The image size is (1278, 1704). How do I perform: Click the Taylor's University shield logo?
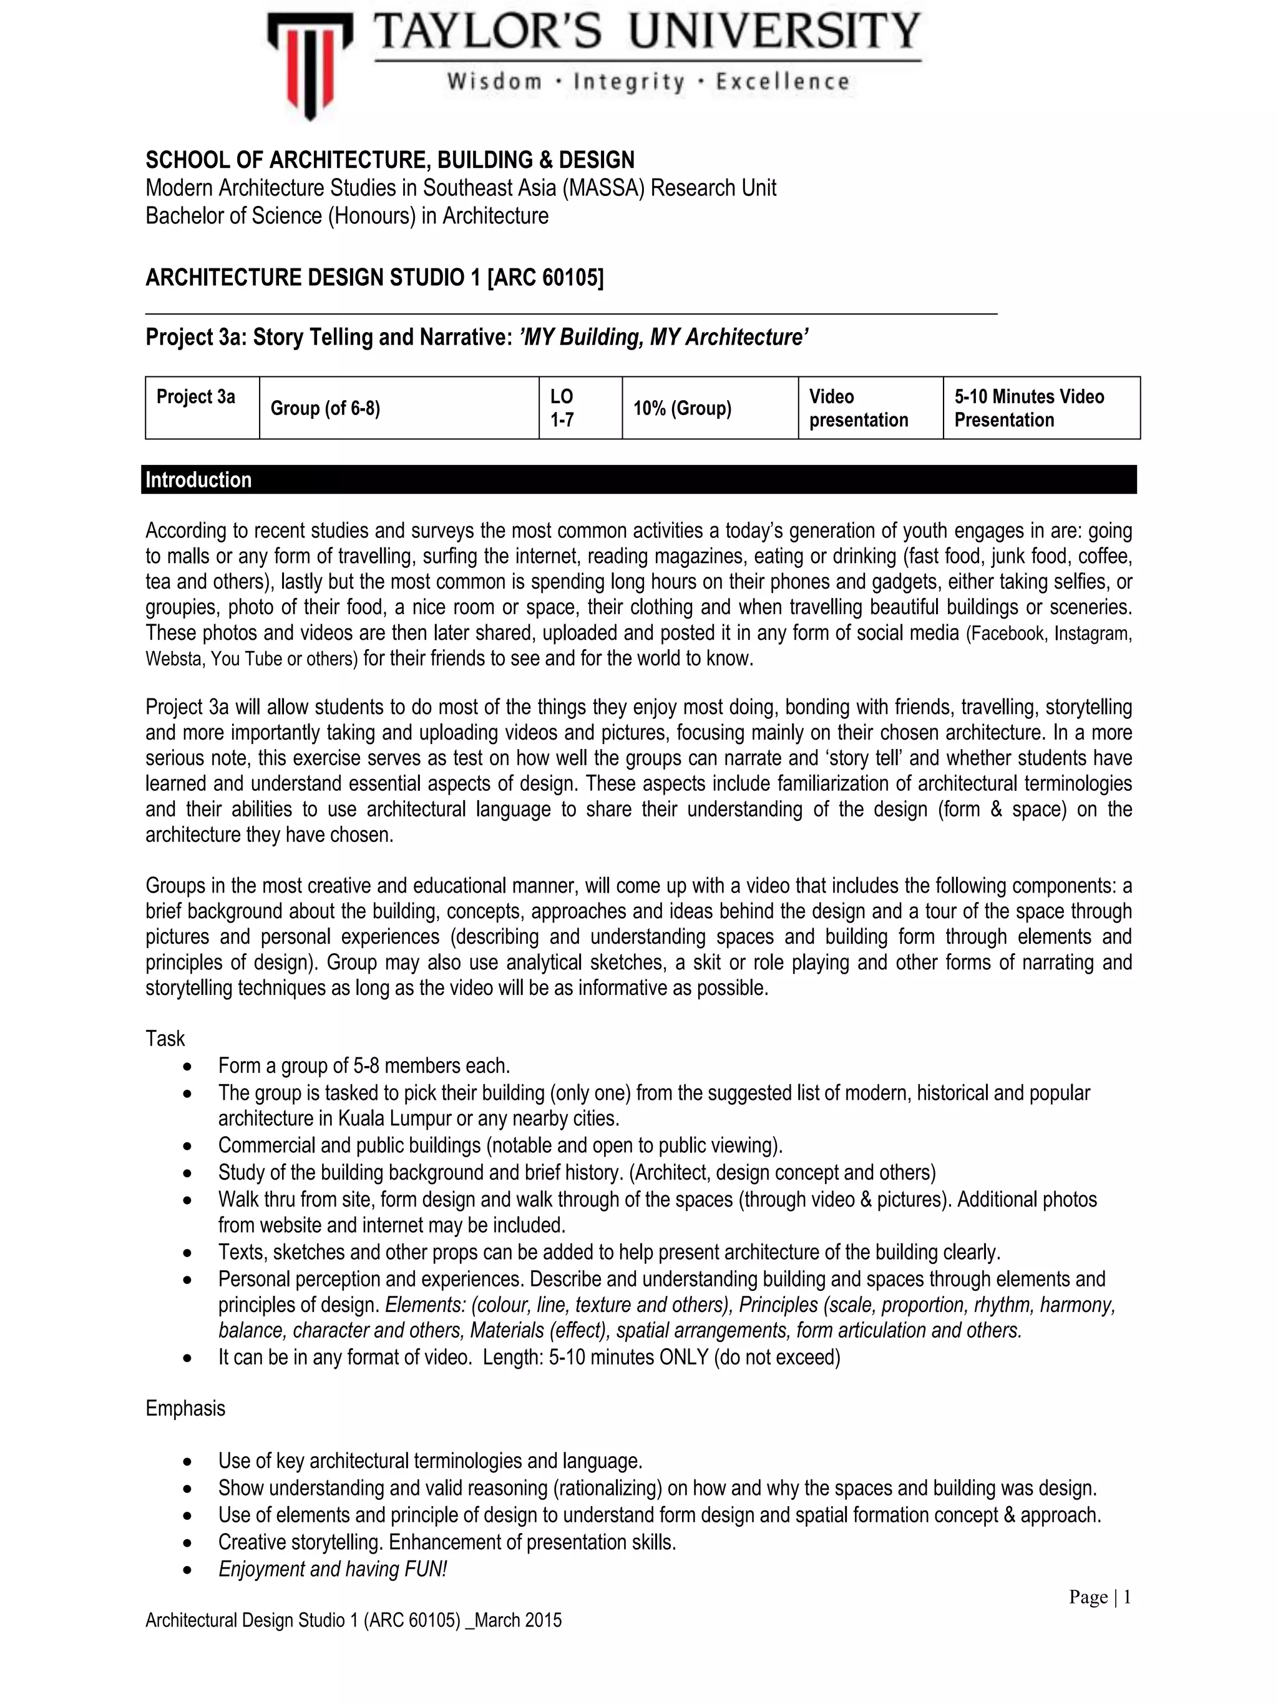click(310, 66)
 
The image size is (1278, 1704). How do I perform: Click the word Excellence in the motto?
click(782, 82)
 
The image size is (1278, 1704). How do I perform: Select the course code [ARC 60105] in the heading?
click(545, 277)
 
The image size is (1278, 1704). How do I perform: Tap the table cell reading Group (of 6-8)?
click(325, 408)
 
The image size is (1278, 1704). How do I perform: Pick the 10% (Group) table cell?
click(682, 408)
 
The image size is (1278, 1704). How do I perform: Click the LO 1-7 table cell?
click(562, 408)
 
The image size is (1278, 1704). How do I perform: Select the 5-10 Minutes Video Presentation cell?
click(1028, 408)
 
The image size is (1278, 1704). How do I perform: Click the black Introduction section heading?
click(198, 480)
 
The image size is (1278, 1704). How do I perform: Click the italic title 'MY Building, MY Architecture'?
click(663, 338)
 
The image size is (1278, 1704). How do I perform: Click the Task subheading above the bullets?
click(165, 1039)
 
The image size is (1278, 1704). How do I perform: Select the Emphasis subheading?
click(185, 1408)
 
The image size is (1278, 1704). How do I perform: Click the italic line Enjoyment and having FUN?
click(332, 1569)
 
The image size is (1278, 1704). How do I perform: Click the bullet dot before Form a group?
click(187, 1067)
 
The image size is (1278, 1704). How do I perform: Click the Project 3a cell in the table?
click(196, 397)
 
